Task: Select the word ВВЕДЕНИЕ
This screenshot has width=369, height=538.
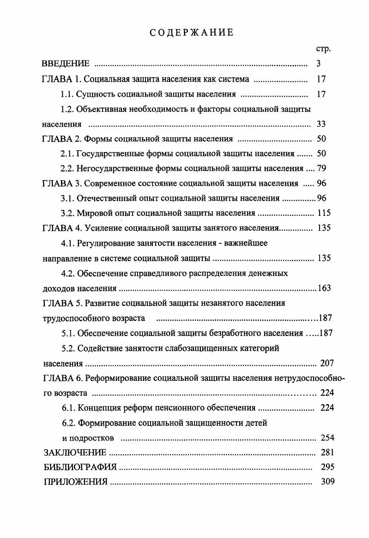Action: point(66,64)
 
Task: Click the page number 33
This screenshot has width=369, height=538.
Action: point(322,124)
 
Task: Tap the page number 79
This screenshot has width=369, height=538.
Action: point(322,168)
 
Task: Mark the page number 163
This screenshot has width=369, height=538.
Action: point(325,288)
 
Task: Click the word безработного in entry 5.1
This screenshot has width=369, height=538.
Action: point(237,333)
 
